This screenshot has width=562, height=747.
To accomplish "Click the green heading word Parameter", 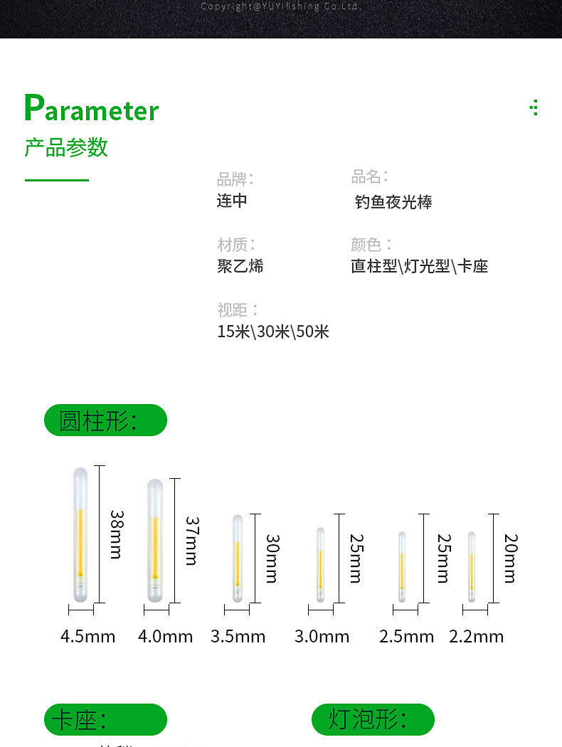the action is coord(91,109).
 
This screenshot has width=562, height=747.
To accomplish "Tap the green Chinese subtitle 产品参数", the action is coord(66,147).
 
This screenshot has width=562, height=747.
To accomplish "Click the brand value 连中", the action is coord(232,200).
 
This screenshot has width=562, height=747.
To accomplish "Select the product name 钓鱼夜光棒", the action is coord(393,202).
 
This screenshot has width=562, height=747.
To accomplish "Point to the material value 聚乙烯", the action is coord(240,266).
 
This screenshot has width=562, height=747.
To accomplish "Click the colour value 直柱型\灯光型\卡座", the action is coord(419,266).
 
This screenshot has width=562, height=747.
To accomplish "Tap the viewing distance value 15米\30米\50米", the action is coord(273,332).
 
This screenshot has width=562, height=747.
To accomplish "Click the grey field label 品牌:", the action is coord(235,179).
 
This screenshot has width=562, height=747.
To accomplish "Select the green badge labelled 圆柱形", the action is coord(105,420).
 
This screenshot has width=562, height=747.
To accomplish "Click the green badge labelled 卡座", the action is coord(105,719).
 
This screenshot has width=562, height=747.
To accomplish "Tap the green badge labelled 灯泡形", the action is coord(373,719).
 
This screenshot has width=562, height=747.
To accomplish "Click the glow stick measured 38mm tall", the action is coord(80,533).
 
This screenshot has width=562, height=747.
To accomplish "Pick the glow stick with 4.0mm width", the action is coord(154,540).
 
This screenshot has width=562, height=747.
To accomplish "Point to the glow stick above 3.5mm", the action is coord(238,558).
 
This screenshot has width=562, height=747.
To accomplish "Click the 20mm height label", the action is coord(510,558).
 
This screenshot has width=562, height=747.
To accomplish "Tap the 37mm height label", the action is coord(191,541).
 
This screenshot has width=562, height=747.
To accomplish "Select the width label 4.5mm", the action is coord(88,636).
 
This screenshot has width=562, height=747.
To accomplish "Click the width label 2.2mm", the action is coord(476,636).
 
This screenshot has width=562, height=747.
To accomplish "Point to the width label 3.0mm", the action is coord(322,636).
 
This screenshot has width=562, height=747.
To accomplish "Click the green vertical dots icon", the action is coord(535,107).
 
